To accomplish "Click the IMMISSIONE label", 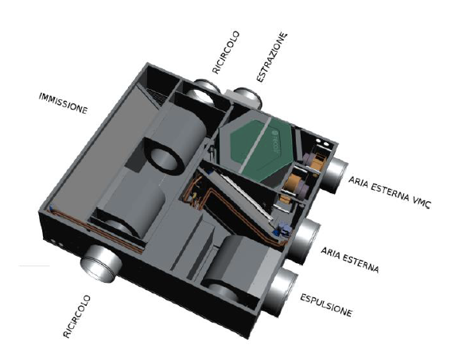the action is (64, 103).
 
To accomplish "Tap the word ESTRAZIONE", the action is (272, 57).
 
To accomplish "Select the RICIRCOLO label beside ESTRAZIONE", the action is (226, 52).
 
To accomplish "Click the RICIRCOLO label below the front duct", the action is (76, 316).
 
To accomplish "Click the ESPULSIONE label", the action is (326, 305).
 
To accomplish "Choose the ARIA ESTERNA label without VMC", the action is (349, 260).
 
